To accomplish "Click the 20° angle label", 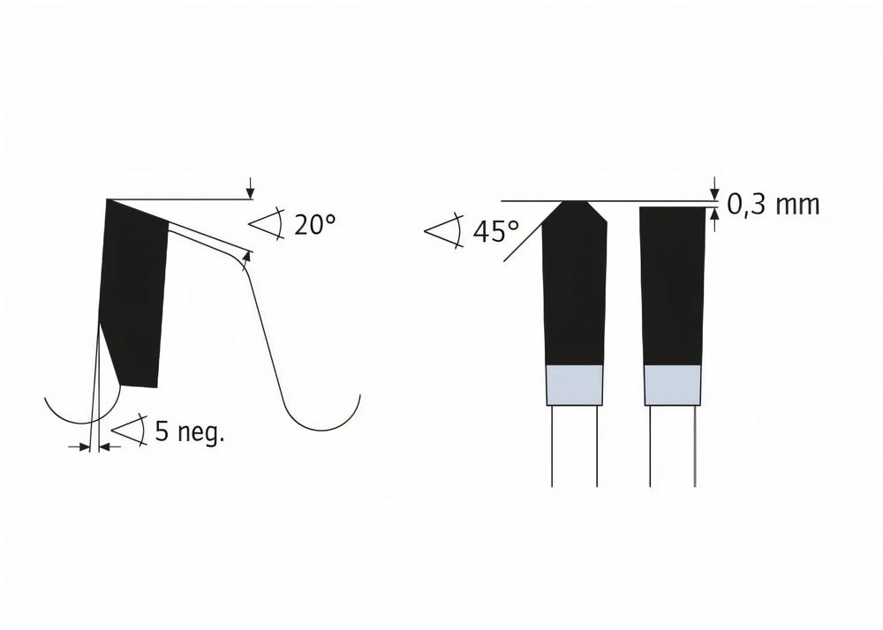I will [315, 225].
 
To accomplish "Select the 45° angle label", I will [495, 232].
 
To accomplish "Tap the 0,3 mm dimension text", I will [774, 205].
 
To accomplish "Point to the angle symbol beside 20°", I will [267, 224].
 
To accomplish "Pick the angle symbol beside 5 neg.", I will [130, 431].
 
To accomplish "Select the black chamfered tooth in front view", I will [575, 282].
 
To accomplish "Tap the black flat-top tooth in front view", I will [673, 282].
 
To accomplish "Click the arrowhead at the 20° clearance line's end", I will [246, 255].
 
